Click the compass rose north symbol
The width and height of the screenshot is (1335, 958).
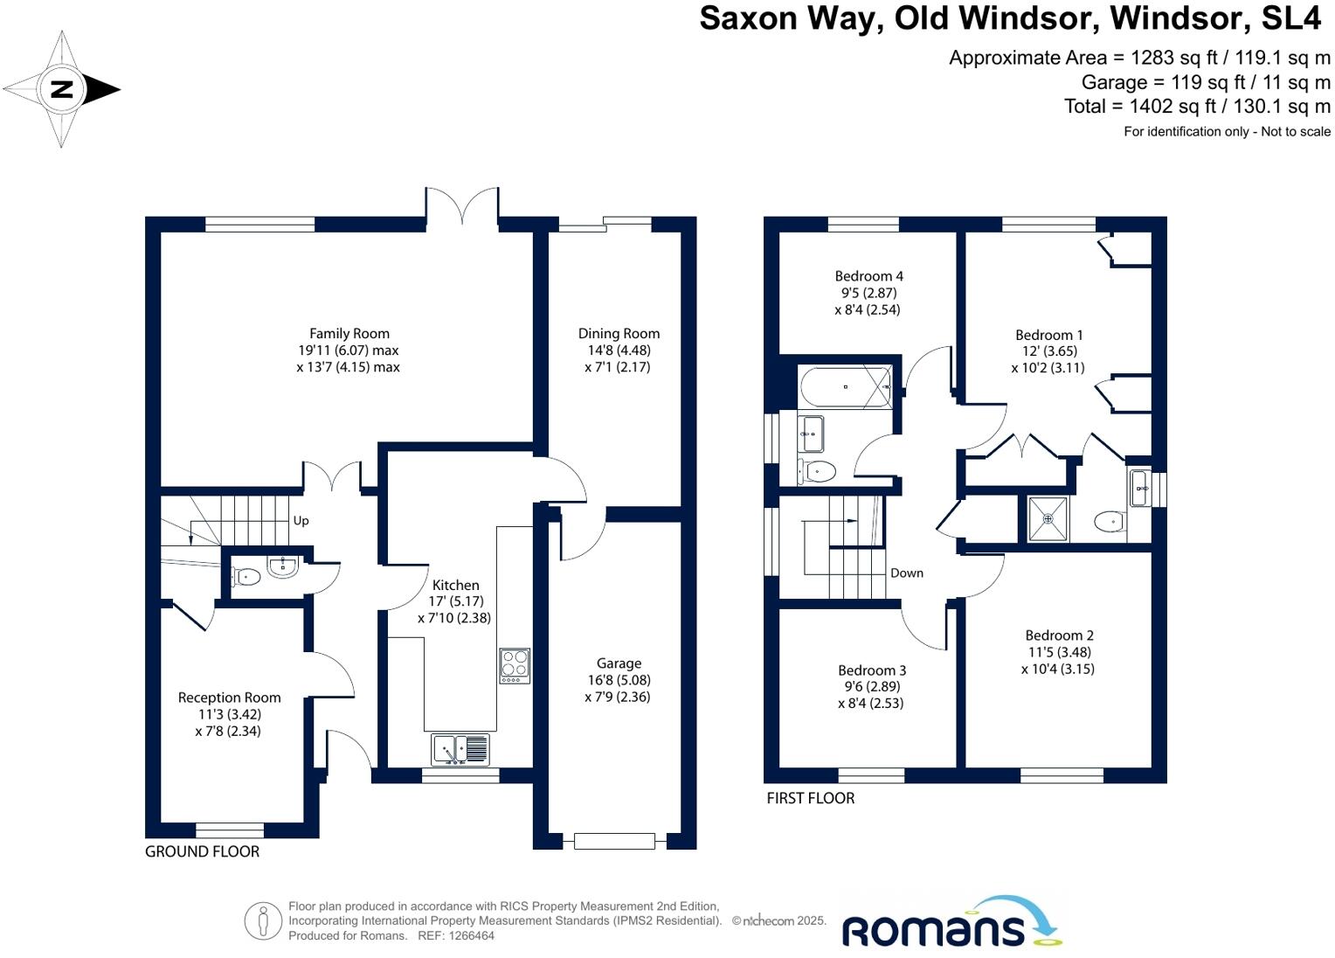pyautogui.click(x=62, y=89)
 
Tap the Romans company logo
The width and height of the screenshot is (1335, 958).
pyautogui.click(x=951, y=925)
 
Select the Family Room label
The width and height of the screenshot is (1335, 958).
pyautogui.click(x=349, y=333)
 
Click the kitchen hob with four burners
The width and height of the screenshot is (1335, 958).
pyautogui.click(x=514, y=666)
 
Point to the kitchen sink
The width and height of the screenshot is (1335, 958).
pyautogui.click(x=460, y=750)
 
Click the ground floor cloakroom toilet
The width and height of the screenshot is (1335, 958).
pyautogui.click(x=246, y=576)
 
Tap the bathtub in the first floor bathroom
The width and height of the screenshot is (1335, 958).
pyautogui.click(x=845, y=386)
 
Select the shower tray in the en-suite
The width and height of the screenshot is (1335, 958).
pyautogui.click(x=1048, y=519)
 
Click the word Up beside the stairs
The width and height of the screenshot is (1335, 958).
pyautogui.click(x=301, y=521)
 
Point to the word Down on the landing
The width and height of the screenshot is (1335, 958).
pyautogui.click(x=906, y=573)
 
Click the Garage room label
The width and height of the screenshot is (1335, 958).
pyautogui.click(x=619, y=663)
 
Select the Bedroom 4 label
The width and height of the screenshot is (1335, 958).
pyautogui.click(x=868, y=276)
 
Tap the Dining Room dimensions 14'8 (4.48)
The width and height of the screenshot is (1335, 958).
pyautogui.click(x=618, y=351)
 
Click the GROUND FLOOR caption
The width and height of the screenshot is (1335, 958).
pyautogui.click(x=202, y=851)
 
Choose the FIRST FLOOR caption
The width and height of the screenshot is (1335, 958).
pyautogui.click(x=810, y=798)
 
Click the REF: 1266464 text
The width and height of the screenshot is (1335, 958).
pyautogui.click(x=456, y=935)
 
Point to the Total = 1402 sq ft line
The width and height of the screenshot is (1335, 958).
pyautogui.click(x=1196, y=107)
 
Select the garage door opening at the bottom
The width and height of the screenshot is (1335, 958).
pyautogui.click(x=614, y=841)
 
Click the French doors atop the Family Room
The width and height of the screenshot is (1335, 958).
pyautogui.click(x=462, y=206)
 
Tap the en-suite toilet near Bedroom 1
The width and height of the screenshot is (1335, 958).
pyautogui.click(x=1110, y=522)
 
